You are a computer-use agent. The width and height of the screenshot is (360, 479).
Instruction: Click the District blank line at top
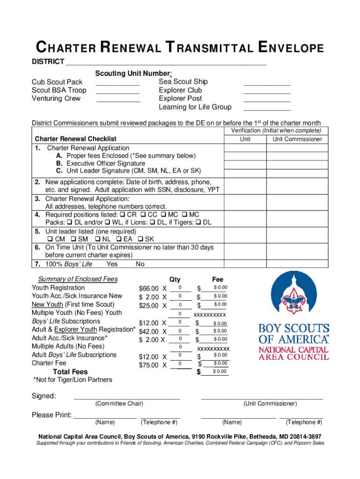point(166,62)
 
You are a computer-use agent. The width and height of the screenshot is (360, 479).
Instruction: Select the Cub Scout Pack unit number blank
point(117,82)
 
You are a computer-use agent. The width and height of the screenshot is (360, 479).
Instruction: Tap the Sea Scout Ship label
point(183,82)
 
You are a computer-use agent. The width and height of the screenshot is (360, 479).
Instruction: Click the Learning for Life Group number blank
point(267,108)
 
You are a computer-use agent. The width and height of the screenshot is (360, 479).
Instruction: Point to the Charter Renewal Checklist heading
point(76,139)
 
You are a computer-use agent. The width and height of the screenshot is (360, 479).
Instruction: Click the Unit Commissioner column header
point(297,139)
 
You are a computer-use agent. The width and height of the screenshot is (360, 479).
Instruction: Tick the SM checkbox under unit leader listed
point(75,239)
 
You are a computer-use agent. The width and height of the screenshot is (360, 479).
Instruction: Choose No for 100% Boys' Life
point(140,264)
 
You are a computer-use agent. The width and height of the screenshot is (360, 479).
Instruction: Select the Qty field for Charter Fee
point(180,364)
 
